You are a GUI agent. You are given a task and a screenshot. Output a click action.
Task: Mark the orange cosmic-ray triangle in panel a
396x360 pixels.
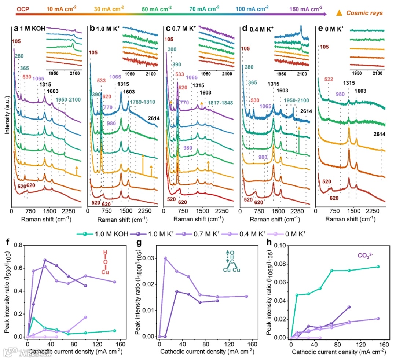tap(77, 167)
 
